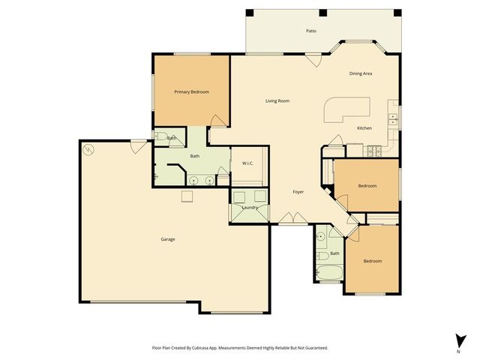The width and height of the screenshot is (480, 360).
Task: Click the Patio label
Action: coord(310,31)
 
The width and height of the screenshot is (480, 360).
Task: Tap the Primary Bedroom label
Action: coord(191,91)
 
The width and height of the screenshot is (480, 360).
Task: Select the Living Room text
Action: coord(277,101)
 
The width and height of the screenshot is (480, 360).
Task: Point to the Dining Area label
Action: coord(361,73)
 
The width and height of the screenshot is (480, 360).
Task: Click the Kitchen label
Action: coord(364,128)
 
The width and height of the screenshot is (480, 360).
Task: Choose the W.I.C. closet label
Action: coord(247,163)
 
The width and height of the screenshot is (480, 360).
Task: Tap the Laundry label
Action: coord(250,207)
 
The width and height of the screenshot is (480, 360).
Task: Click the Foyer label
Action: coord(298,192)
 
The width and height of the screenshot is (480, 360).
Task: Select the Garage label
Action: coord(168,239)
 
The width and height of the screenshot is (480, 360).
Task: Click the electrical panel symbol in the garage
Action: coord(88,148)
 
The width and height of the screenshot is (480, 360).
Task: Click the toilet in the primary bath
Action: coord(161,137)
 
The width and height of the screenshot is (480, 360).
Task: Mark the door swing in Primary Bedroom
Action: coord(217,120)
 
